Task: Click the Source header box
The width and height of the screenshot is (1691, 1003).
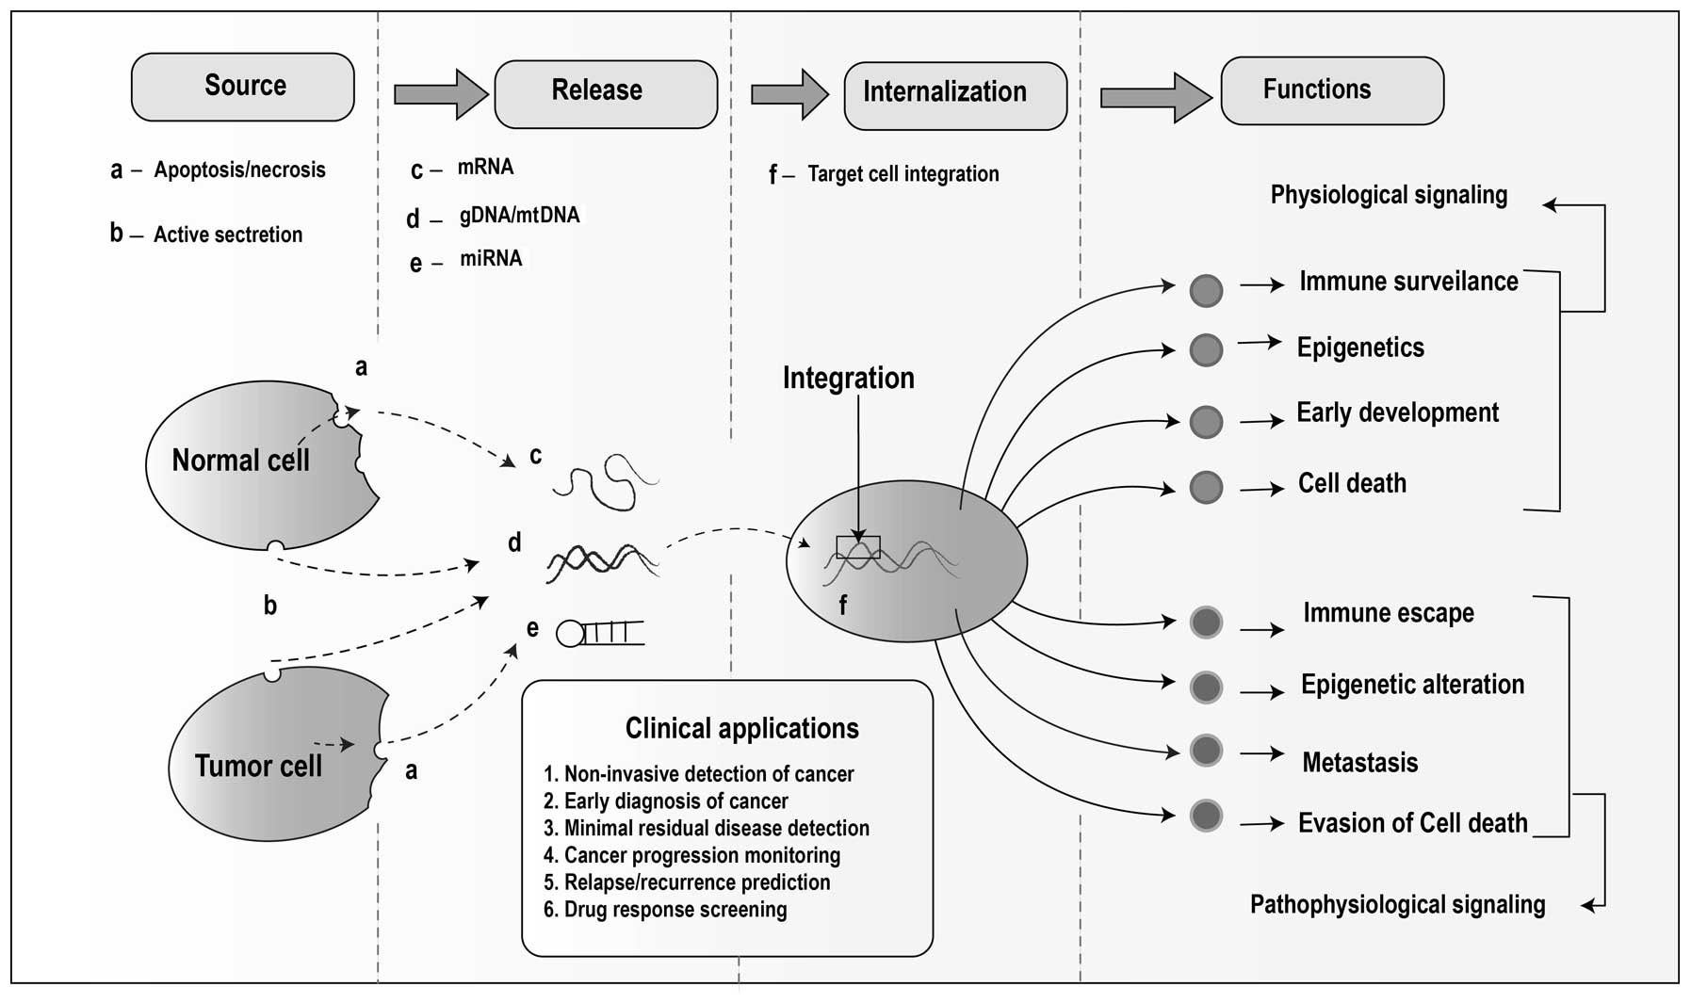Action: (x=243, y=87)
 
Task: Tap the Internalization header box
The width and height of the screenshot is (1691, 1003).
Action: (x=955, y=95)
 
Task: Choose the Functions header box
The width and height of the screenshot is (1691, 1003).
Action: (x=1332, y=90)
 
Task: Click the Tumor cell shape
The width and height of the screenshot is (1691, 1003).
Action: (x=268, y=758)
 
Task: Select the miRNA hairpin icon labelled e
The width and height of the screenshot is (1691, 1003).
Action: (x=600, y=633)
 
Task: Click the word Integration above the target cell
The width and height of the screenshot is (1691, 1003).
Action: (x=849, y=378)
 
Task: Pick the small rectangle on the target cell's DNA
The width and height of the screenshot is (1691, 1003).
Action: (x=858, y=547)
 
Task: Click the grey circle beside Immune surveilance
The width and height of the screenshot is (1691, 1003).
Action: (x=1206, y=290)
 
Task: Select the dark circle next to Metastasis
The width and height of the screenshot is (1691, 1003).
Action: (x=1206, y=751)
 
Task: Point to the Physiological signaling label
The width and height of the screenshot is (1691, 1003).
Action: (x=1389, y=195)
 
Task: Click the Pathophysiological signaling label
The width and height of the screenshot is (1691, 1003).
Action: (x=1397, y=904)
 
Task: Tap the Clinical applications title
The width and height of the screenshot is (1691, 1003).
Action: (x=742, y=728)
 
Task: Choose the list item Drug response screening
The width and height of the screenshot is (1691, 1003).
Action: (x=666, y=910)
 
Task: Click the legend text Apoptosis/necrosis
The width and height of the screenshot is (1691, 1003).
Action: (x=239, y=170)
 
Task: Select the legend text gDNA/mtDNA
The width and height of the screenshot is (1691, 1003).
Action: (x=519, y=215)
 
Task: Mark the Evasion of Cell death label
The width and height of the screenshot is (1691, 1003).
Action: (x=1412, y=823)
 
